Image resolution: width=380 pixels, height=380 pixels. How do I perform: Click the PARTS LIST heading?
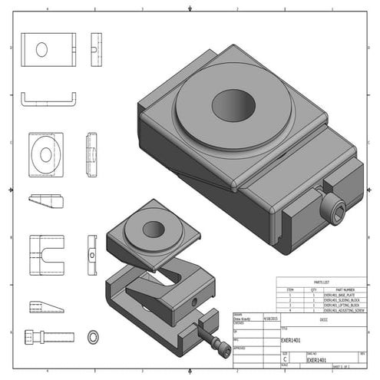pos(322,283)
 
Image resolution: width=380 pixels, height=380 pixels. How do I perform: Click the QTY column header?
pos(313,289)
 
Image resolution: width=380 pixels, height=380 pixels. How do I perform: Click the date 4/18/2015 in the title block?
pos(270,316)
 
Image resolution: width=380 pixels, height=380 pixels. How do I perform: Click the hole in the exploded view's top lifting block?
pos(154,229)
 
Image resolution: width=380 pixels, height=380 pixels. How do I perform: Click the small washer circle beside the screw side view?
pos(94,336)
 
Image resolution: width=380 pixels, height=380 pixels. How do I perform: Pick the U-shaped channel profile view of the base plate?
pos(48,99)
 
